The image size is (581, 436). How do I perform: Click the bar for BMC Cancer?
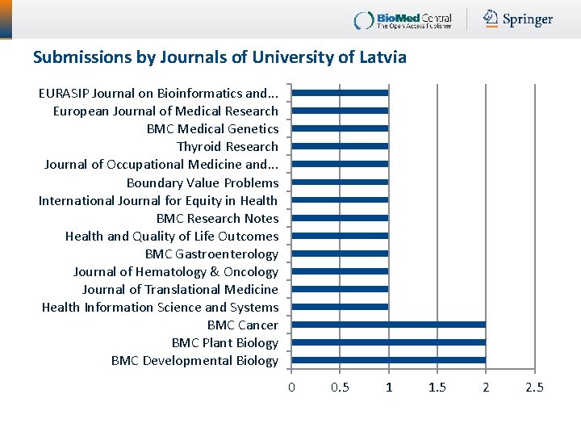click(x=388, y=325)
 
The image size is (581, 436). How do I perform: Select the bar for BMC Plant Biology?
click(x=388, y=342)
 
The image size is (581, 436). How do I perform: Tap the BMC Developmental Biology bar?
click(x=388, y=360)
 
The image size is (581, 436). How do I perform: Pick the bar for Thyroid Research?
click(x=340, y=146)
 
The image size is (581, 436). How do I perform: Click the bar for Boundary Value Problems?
click(x=340, y=182)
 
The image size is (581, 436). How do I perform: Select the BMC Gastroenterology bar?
click(x=340, y=254)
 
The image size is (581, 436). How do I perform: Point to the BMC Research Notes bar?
click(x=340, y=218)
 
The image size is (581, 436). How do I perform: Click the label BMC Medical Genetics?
click(x=212, y=128)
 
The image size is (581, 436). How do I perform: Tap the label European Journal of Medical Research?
click(x=165, y=111)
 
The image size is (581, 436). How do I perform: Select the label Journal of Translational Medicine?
click(x=180, y=289)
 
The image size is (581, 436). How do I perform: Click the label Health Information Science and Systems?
click(x=160, y=307)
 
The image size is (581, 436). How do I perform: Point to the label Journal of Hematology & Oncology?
click(x=175, y=271)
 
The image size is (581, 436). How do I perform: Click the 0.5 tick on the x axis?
click(x=341, y=388)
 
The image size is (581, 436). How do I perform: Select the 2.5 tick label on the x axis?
click(x=534, y=388)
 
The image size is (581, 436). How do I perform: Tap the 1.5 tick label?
click(x=437, y=388)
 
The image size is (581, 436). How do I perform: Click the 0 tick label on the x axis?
click(x=292, y=388)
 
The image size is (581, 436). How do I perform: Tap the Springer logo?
click(x=518, y=19)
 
